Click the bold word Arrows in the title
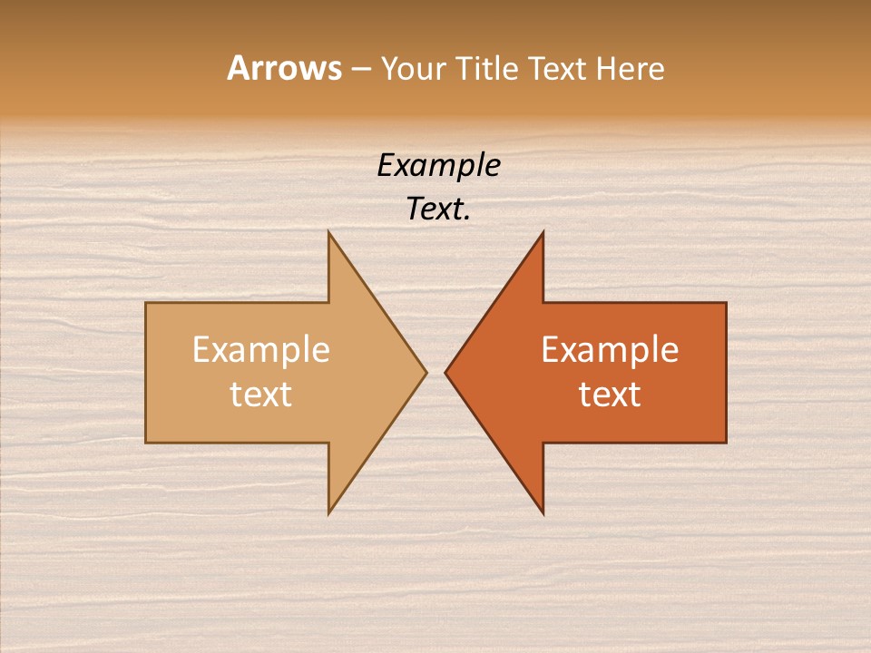[x=283, y=68]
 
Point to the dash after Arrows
[x=360, y=69]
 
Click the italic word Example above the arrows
[x=438, y=166]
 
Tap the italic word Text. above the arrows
[x=438, y=210]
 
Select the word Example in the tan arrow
[x=261, y=350]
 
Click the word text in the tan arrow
[x=261, y=395]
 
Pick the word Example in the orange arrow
[x=610, y=350]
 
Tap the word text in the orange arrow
[x=610, y=395]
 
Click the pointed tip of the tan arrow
[x=426, y=372]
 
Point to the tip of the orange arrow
[x=445, y=372]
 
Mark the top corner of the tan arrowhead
[x=329, y=232]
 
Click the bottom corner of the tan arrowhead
[x=329, y=513]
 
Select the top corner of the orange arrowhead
[x=543, y=232]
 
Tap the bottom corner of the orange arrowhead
[x=543, y=514]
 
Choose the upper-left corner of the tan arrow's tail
[x=146, y=303]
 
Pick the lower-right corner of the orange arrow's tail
[x=726, y=442]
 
